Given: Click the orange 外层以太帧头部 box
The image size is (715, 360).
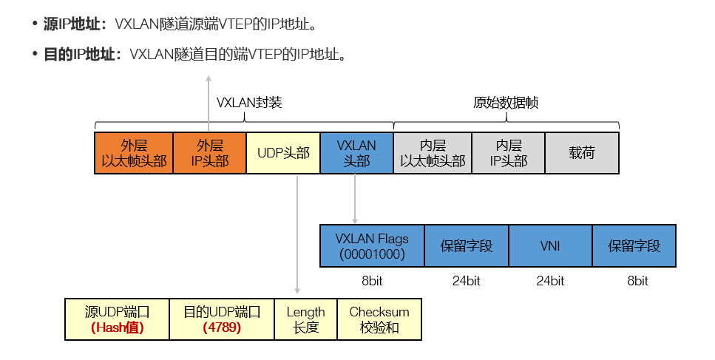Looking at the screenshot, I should (134, 153).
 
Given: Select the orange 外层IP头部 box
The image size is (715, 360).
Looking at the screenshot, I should (209, 153).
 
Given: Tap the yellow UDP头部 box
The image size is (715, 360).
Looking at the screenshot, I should (283, 153).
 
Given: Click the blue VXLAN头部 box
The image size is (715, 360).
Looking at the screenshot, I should (356, 153).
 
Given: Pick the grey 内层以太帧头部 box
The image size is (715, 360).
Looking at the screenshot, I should (432, 153).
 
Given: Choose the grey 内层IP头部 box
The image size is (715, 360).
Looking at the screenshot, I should (508, 153).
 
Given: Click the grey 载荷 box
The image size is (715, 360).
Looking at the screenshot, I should (582, 153).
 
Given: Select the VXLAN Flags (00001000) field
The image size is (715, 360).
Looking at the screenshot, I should (372, 245).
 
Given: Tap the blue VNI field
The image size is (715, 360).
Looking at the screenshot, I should (550, 245).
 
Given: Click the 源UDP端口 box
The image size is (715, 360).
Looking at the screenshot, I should (117, 319).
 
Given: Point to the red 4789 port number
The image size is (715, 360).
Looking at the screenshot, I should (222, 327).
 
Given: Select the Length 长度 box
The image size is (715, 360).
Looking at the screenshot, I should (305, 319).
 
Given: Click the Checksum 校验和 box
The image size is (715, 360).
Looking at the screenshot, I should (379, 319).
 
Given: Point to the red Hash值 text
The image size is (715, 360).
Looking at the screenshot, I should (117, 327).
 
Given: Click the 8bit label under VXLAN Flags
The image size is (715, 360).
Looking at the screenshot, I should (372, 281).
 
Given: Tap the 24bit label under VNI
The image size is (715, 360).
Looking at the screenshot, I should (550, 281).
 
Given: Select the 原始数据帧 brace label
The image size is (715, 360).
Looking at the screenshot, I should (506, 103).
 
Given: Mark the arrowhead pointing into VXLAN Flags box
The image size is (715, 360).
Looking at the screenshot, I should (356, 220).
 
